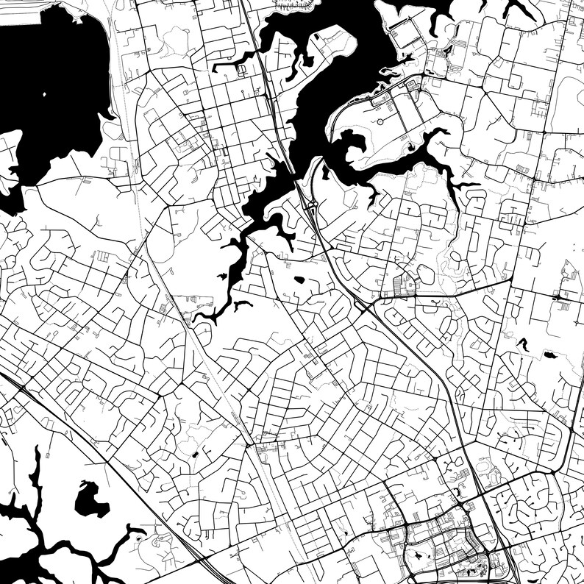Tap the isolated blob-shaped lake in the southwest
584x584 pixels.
[x=92, y=500]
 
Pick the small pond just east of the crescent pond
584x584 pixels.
[x=549, y=355]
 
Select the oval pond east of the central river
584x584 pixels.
[x=299, y=279]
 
